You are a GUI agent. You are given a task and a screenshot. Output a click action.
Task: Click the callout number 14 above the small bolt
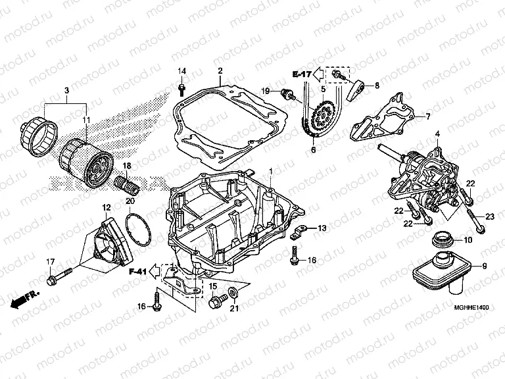[182, 71]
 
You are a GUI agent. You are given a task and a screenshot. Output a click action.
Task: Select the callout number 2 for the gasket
[220, 71]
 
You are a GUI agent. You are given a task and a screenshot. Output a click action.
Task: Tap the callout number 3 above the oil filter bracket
[66, 90]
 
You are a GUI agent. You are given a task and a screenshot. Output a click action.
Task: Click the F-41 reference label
[138, 270]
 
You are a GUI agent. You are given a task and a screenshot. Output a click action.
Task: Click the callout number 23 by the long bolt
[490, 216]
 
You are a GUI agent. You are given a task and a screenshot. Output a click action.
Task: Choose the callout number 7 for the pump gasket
[427, 117]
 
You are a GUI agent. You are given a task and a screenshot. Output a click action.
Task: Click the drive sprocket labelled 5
[322, 117]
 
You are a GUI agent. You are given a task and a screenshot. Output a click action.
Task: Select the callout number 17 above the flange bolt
[49, 264]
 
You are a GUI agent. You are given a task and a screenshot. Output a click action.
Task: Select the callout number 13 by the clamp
[322, 228]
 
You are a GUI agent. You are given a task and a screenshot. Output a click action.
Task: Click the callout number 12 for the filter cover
[106, 208]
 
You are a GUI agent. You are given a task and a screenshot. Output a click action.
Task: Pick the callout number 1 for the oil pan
[270, 153]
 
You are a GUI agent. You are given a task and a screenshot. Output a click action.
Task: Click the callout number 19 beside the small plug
[266, 90]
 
